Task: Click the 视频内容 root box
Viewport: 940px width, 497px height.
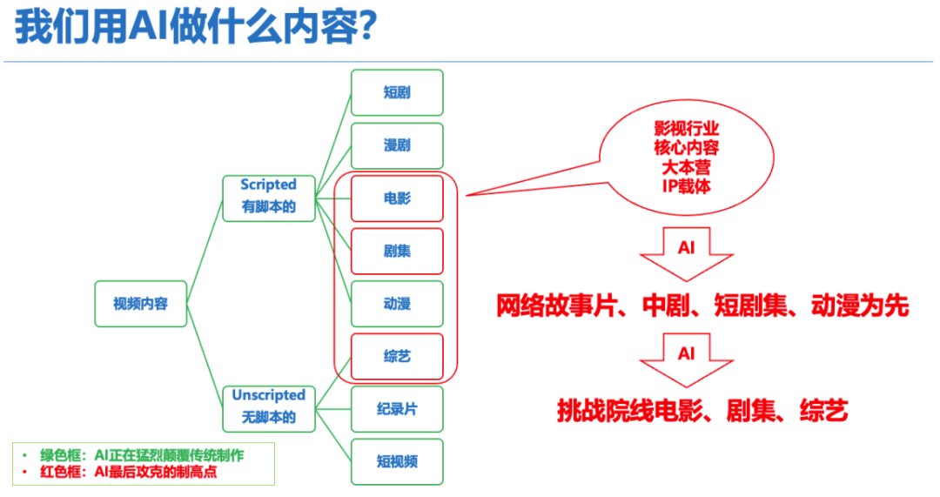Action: tap(140, 304)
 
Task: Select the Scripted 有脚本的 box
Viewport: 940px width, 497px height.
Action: tap(268, 197)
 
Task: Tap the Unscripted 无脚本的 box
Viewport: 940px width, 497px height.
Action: tap(268, 406)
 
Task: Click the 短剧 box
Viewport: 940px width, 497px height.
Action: tap(397, 92)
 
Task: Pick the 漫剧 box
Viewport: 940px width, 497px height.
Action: tap(397, 145)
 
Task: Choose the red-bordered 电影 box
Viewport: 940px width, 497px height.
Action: tap(397, 198)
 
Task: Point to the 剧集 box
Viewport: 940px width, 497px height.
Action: tap(397, 252)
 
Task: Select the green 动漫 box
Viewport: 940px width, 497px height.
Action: tap(397, 304)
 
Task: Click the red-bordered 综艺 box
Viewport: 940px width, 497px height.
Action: tap(397, 357)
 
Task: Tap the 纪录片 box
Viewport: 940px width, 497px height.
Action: tap(397, 409)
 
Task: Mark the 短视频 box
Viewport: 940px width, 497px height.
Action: tap(397, 461)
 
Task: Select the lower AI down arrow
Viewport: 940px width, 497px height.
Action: tap(687, 359)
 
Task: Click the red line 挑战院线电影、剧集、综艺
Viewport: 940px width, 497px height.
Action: tap(702, 411)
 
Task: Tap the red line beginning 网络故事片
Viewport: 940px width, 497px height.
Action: tap(702, 306)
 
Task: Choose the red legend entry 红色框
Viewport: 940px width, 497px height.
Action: tap(135, 473)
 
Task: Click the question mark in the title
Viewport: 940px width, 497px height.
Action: tap(366, 28)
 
